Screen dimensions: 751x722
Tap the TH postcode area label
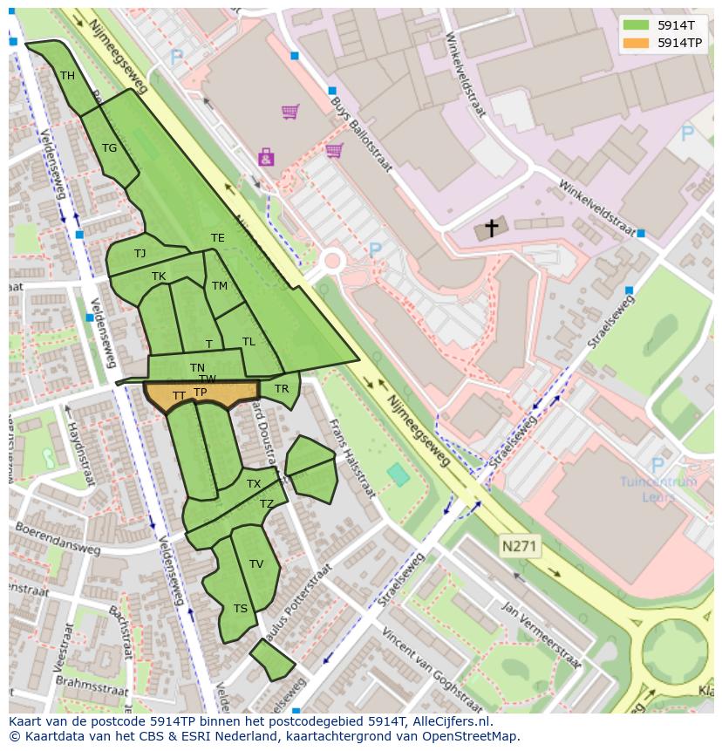click(67, 76)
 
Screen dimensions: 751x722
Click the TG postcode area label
click(109, 148)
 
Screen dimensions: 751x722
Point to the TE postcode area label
click(217, 238)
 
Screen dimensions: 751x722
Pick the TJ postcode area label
click(140, 254)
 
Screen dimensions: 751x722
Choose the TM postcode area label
click(219, 286)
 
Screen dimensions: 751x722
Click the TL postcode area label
click(249, 342)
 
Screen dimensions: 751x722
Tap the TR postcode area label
click(282, 389)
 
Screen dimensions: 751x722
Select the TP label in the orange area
click(200, 393)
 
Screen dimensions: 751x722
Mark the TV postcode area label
click(256, 564)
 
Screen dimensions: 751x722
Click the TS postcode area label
click(240, 609)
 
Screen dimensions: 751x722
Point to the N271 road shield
click(521, 547)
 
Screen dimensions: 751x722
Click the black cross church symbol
click(492, 229)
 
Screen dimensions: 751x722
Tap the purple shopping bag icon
click(265, 158)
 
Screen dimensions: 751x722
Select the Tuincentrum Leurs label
click(658, 488)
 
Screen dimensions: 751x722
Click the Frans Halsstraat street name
click(351, 459)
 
